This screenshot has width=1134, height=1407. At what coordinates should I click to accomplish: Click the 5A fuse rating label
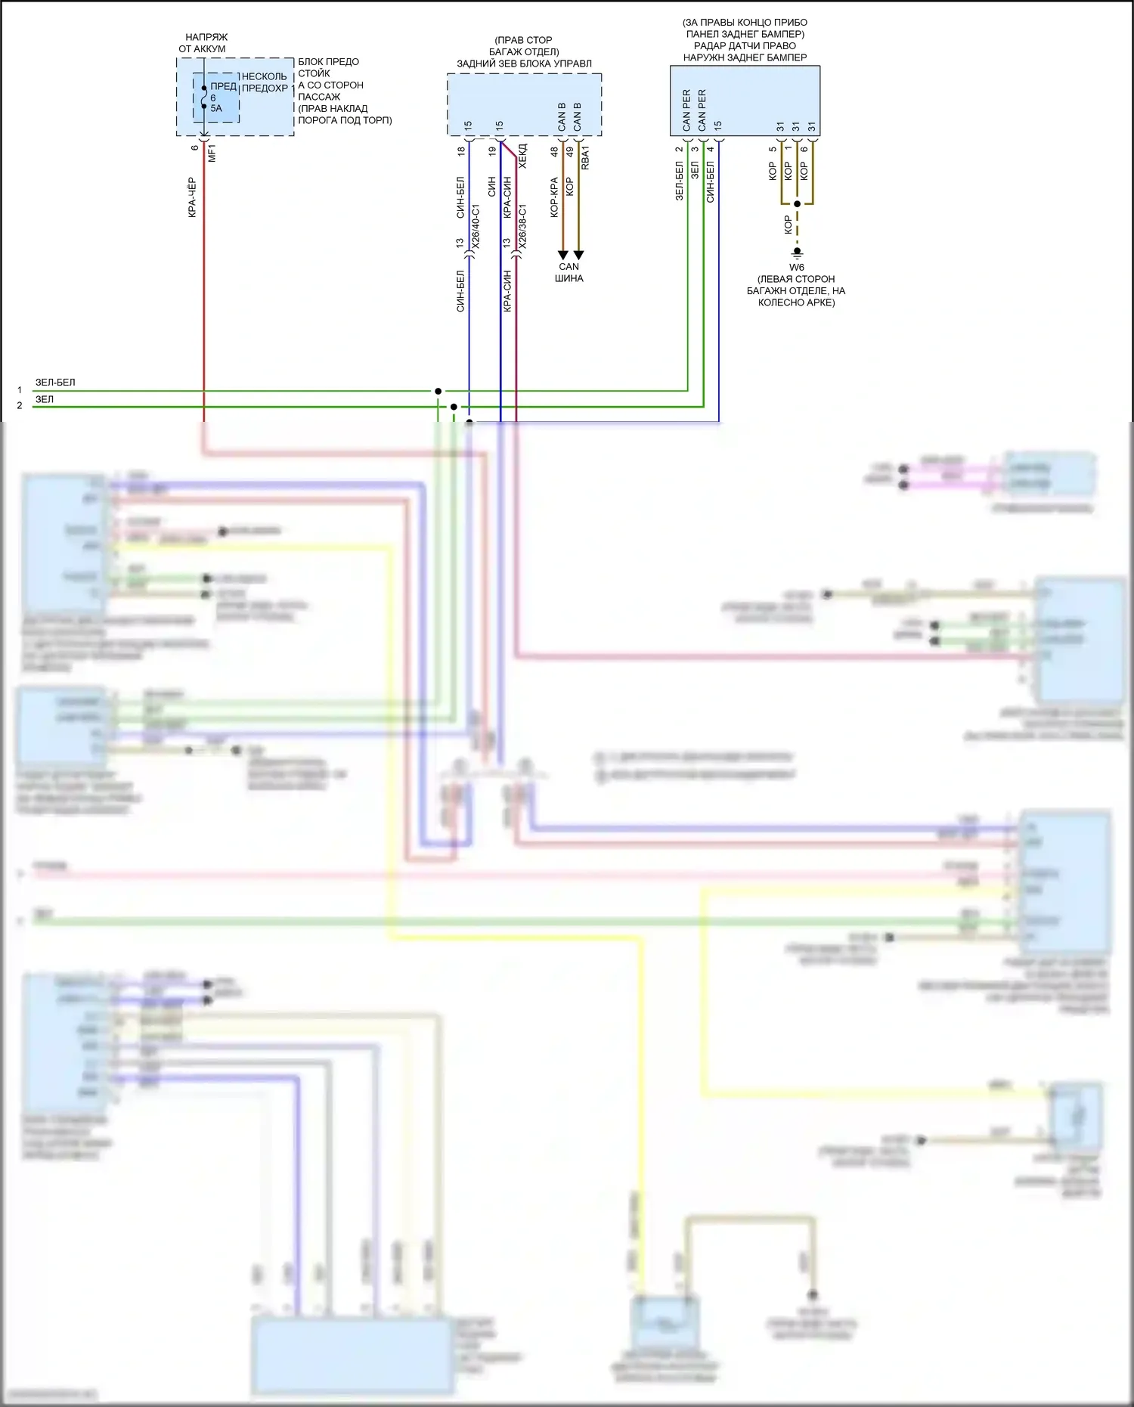[216, 109]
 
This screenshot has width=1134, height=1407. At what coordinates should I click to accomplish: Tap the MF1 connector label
[212, 153]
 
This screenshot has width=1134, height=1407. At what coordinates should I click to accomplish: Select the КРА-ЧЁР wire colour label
[192, 197]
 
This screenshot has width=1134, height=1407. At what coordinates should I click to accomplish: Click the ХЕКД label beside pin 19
[522, 155]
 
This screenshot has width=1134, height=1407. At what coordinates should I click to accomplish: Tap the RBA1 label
[585, 157]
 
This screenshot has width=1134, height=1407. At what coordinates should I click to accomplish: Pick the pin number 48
[554, 151]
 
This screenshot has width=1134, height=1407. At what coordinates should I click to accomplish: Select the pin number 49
[570, 151]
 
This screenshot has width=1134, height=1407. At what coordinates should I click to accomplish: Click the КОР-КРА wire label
[554, 197]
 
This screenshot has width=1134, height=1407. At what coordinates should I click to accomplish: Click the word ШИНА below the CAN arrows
[569, 278]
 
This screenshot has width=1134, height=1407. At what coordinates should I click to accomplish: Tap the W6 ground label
[797, 268]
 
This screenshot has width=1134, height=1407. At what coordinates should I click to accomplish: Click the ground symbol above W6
[797, 252]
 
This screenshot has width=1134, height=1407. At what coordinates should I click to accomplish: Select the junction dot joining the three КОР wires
[797, 204]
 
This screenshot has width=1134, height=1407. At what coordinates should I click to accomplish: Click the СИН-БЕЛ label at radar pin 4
[710, 182]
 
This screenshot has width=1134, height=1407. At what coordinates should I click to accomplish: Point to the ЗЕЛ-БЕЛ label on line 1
[55, 383]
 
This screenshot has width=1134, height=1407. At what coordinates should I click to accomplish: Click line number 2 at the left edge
[20, 406]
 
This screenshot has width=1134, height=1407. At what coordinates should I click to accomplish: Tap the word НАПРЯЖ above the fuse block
[206, 37]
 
